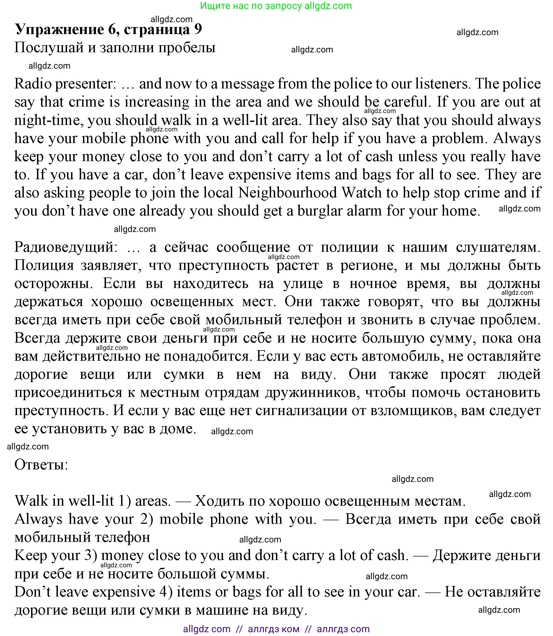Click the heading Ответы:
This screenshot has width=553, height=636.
pos(41,465)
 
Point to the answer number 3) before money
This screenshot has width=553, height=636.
pos(91,555)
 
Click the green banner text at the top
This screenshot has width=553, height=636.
pos(276,6)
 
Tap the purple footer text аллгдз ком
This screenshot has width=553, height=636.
pos(274,629)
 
